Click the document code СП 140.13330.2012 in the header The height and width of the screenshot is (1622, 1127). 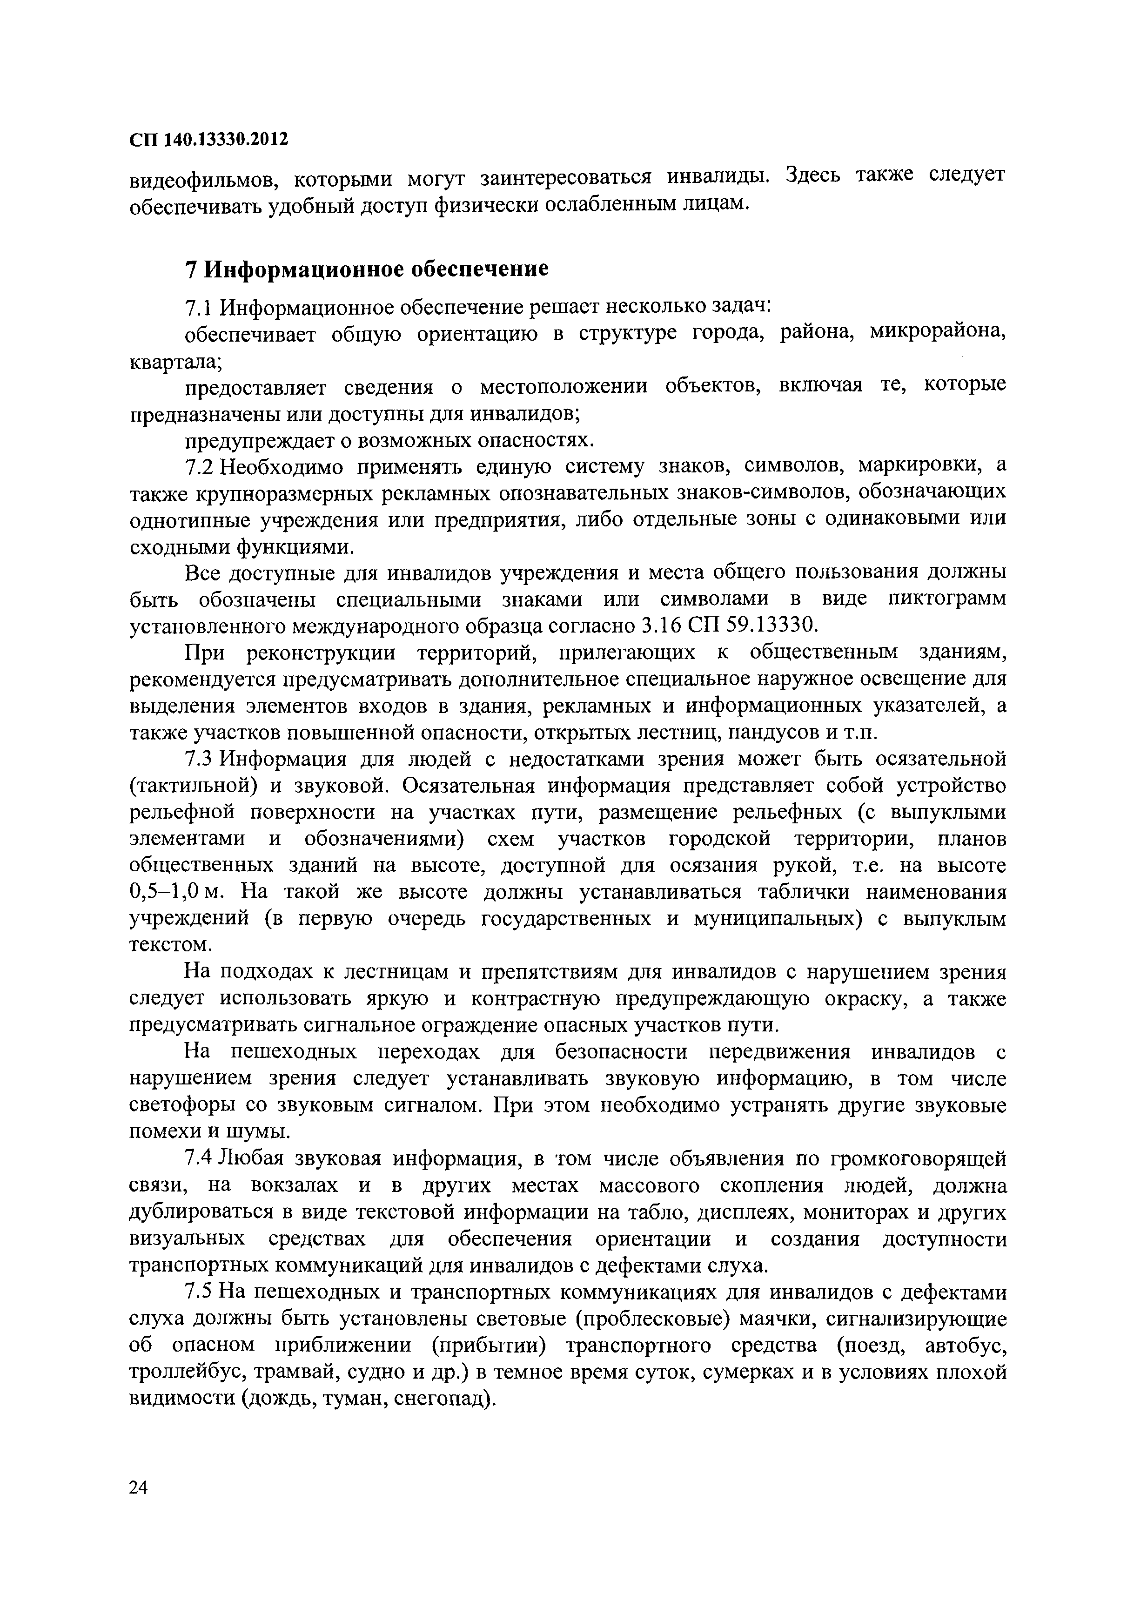[209, 139]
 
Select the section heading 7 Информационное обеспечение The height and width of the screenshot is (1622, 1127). [367, 269]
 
